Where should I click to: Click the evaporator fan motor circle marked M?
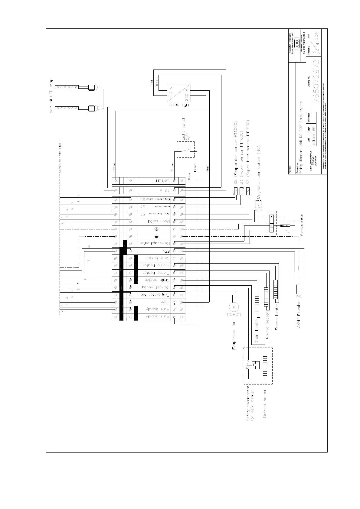tap(234, 307)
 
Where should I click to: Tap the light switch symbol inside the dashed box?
tap(185, 149)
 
